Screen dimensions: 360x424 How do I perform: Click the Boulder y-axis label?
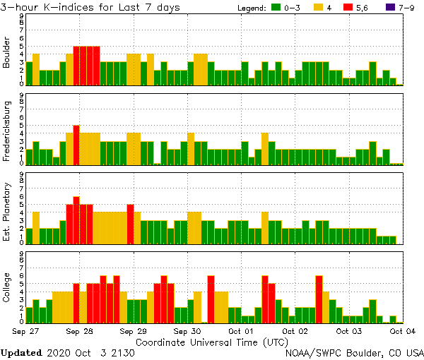pos(7,52)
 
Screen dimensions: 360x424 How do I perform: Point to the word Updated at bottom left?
pos(24,352)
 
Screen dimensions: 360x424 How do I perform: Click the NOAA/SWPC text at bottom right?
pos(314,352)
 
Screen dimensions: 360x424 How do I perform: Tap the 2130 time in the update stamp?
pos(121,352)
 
